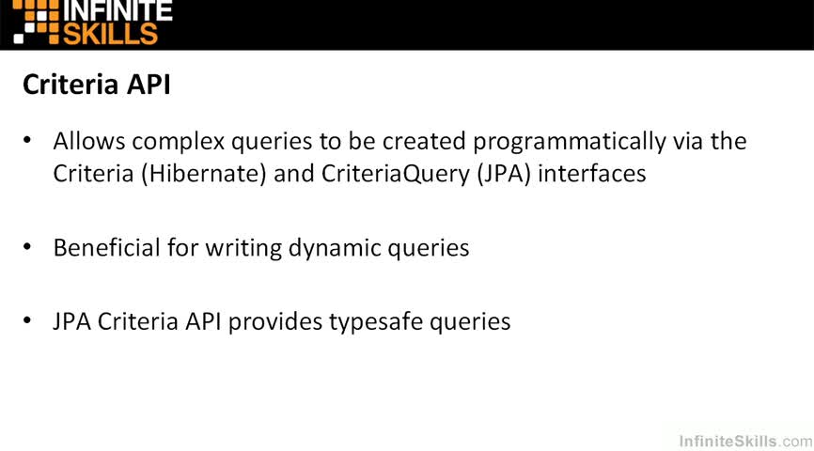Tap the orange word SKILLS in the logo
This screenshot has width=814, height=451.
110,34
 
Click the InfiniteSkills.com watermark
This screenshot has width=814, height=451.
745,442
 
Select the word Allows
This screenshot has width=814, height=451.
89,141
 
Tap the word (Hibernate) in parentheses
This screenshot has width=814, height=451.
203,174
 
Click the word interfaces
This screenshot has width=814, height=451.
592,173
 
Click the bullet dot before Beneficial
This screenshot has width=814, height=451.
27,247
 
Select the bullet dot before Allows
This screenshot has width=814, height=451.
27,140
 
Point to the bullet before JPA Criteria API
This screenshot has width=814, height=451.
27,320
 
